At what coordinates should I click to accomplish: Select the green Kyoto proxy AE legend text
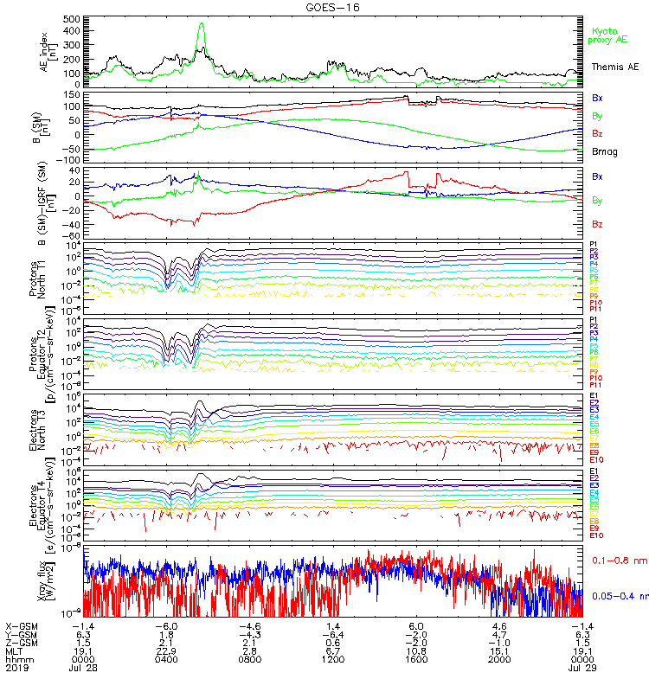[x=612, y=35]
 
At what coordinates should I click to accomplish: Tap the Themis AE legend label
[x=613, y=66]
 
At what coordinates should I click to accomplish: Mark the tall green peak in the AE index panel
[x=202, y=26]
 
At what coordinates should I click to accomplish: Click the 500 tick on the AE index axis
[x=72, y=18]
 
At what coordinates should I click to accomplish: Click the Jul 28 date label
[x=83, y=669]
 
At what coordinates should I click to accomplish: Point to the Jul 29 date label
[x=579, y=669]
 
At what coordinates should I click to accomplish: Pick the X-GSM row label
[x=22, y=625]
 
